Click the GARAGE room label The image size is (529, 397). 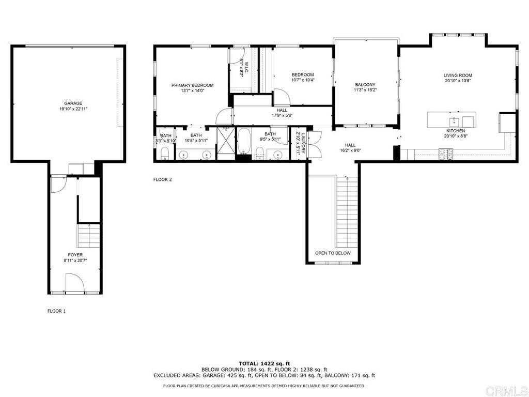point(73,103)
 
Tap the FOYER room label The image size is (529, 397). point(75,255)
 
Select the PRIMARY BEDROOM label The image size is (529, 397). point(192,85)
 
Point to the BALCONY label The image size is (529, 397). point(365,85)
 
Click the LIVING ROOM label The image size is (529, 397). point(458,75)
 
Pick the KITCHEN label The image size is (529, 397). point(456,131)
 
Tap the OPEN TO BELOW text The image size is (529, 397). point(333,253)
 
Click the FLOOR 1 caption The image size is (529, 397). point(56,311)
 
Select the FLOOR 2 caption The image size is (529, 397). point(163,179)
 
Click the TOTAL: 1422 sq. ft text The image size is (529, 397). point(264,363)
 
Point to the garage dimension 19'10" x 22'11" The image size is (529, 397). point(73,109)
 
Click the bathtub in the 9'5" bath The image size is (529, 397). point(244,141)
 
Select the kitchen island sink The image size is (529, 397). point(454,121)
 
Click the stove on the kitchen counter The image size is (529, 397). point(446,154)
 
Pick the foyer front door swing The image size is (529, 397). point(74,282)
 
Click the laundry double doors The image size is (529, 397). point(315,145)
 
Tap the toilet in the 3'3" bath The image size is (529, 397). point(165,153)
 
